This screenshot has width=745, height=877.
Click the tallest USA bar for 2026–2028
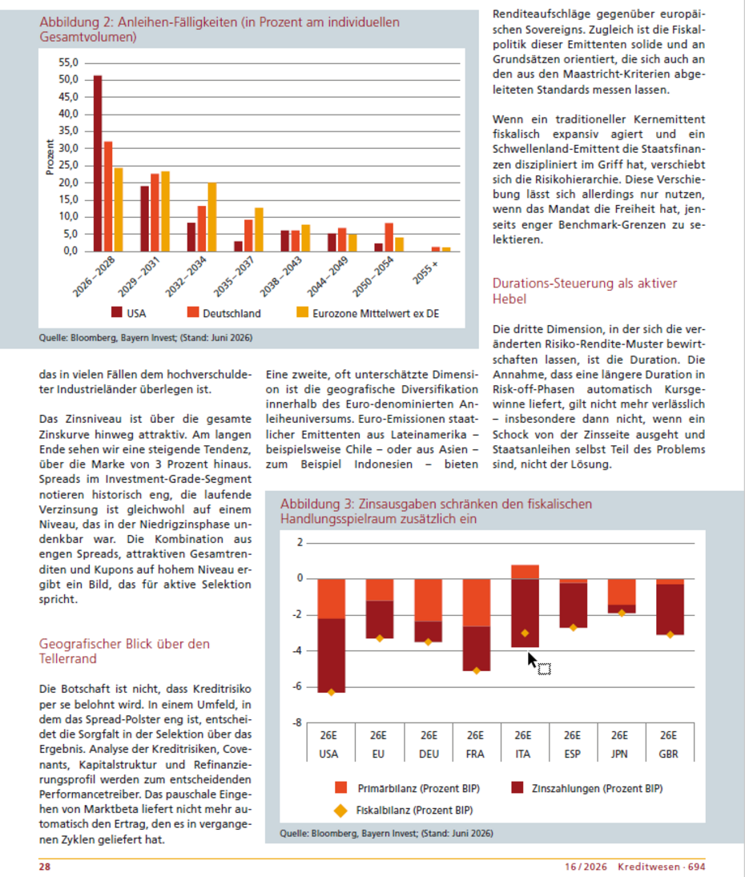click(98, 163)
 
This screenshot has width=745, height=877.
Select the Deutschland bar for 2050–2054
click(389, 237)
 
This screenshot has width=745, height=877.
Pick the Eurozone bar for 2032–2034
click(212, 217)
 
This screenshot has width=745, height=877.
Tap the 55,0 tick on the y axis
click(68, 62)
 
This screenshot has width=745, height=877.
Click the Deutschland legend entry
click(224, 313)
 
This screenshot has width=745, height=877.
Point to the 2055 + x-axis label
click(425, 272)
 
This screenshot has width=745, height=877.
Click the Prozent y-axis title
click(50, 157)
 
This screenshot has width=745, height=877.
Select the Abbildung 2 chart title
click(219, 30)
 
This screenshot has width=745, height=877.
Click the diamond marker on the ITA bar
click(525, 634)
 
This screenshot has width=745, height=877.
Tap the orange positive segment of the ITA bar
click(525, 572)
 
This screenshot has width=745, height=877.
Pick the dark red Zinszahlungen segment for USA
click(331, 655)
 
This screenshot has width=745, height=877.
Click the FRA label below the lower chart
click(475, 754)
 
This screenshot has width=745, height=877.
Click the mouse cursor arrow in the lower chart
click(532, 660)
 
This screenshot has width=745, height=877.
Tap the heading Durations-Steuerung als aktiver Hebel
click(585, 291)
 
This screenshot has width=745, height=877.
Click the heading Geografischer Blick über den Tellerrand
click(124, 651)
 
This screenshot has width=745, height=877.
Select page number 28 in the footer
click(45, 867)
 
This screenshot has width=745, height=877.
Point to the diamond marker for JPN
click(622, 613)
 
